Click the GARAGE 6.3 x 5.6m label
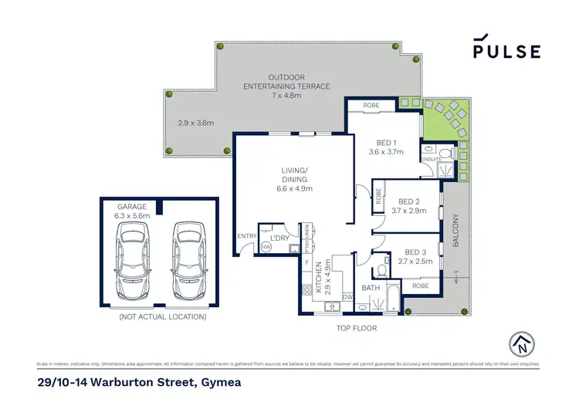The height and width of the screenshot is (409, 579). (132, 211)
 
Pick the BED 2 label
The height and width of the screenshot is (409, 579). (408, 205)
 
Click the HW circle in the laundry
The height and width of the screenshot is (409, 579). (266, 247)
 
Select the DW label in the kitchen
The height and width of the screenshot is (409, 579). (347, 297)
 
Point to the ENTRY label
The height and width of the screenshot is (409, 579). (246, 236)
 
